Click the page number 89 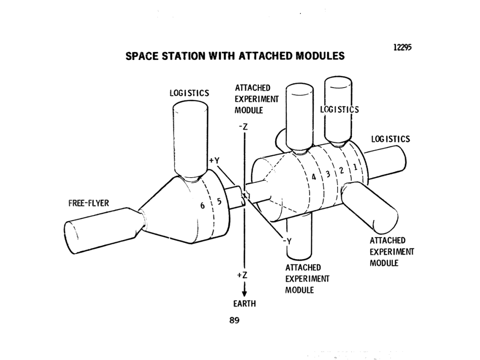coord(235,321)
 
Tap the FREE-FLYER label coord(88,203)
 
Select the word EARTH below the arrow coord(245,303)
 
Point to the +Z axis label coord(242,276)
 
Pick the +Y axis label coord(214,160)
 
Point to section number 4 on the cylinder coord(314,178)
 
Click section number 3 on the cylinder coord(328,174)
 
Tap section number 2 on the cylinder coord(342,170)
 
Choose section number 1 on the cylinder coord(355,166)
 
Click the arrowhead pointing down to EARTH coord(244,294)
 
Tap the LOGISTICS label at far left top coord(189,93)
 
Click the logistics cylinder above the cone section coord(190,138)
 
